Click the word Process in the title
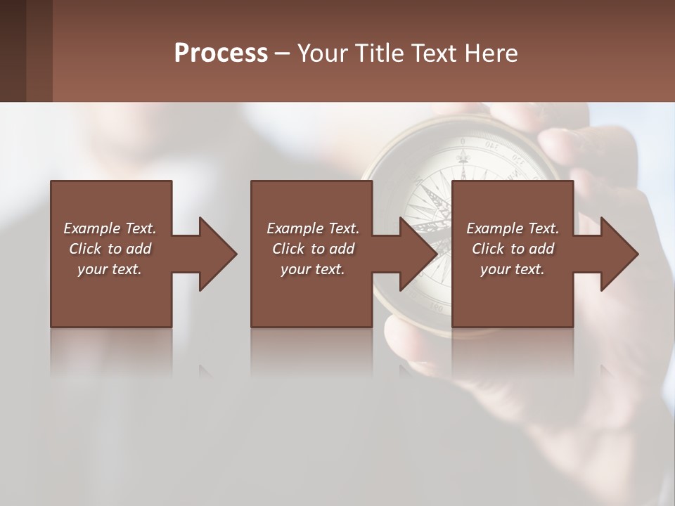221,53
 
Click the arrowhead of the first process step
218,254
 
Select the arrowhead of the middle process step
418,254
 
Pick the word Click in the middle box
287,249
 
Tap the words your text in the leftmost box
110,269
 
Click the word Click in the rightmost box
487,249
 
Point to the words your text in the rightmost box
513,269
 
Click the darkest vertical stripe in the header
13,51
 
